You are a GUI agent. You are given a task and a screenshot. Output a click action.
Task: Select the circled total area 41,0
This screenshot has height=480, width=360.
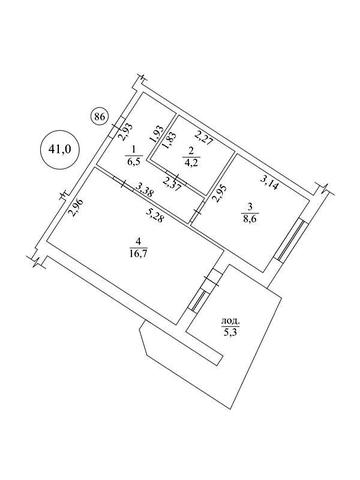[60, 149]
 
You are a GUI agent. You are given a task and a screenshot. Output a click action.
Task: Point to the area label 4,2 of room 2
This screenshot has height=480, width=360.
[192, 163]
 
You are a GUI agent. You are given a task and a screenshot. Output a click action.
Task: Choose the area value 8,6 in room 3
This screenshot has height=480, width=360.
[252, 219]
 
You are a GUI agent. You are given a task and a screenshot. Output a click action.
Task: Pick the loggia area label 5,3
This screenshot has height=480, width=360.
[230, 332]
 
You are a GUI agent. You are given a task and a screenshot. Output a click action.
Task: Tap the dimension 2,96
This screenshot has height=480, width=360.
[76, 208]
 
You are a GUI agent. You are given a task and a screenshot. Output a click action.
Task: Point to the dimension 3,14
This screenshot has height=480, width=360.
[269, 183]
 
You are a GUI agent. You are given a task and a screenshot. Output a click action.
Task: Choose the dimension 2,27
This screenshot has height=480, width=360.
[204, 138]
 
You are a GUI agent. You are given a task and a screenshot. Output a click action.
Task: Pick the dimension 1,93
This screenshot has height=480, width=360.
[158, 134]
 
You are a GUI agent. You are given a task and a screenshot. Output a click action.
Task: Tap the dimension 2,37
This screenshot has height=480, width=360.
[172, 184]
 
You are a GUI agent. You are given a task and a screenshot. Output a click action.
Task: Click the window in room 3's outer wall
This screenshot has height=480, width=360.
[291, 240]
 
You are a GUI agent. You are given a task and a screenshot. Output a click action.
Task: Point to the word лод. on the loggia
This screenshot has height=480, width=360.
[230, 322]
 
